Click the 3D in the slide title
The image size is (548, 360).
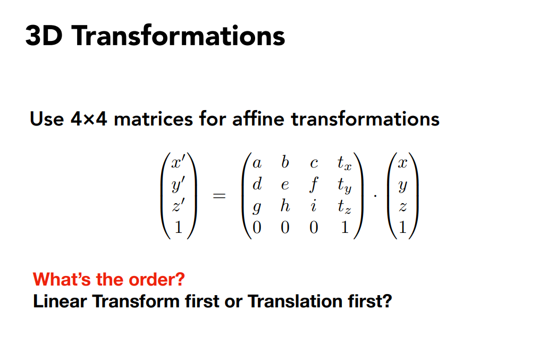(44, 36)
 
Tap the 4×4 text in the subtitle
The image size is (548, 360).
(89, 119)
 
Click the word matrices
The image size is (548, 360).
(153, 119)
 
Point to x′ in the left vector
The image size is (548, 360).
(178, 162)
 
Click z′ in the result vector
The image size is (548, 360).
(178, 205)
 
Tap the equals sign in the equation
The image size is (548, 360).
(220, 196)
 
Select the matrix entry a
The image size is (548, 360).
(257, 163)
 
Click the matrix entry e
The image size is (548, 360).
(285, 185)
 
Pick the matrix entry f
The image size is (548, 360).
(314, 184)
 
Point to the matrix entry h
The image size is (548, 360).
(285, 206)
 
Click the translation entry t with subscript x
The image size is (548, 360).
(344, 163)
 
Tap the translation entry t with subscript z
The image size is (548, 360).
(344, 206)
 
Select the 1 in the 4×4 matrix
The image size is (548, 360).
(344, 228)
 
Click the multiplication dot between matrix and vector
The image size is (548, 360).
(375, 196)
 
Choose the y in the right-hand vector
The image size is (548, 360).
(402, 186)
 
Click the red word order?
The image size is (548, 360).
(157, 279)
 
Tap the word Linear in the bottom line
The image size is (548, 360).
(60, 302)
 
